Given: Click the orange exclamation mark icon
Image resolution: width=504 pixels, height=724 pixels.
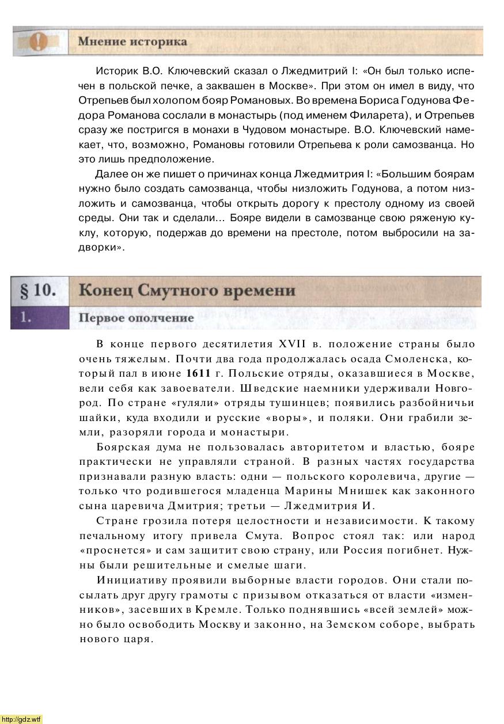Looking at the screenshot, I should pos(39,41).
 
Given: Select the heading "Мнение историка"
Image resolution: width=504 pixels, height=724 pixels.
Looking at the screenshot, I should pos(132,41).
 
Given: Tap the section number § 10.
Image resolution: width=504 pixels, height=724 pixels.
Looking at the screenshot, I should pos(39,290).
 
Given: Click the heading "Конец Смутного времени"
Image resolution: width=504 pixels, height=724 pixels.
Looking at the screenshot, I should pos(187,290).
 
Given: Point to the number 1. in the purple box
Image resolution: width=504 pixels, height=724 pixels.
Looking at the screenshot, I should pos(23,317).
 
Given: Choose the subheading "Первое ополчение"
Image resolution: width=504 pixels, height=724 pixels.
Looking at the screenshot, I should pos(136,318).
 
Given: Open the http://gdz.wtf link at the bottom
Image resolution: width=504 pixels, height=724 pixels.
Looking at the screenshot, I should pos(21,719).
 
